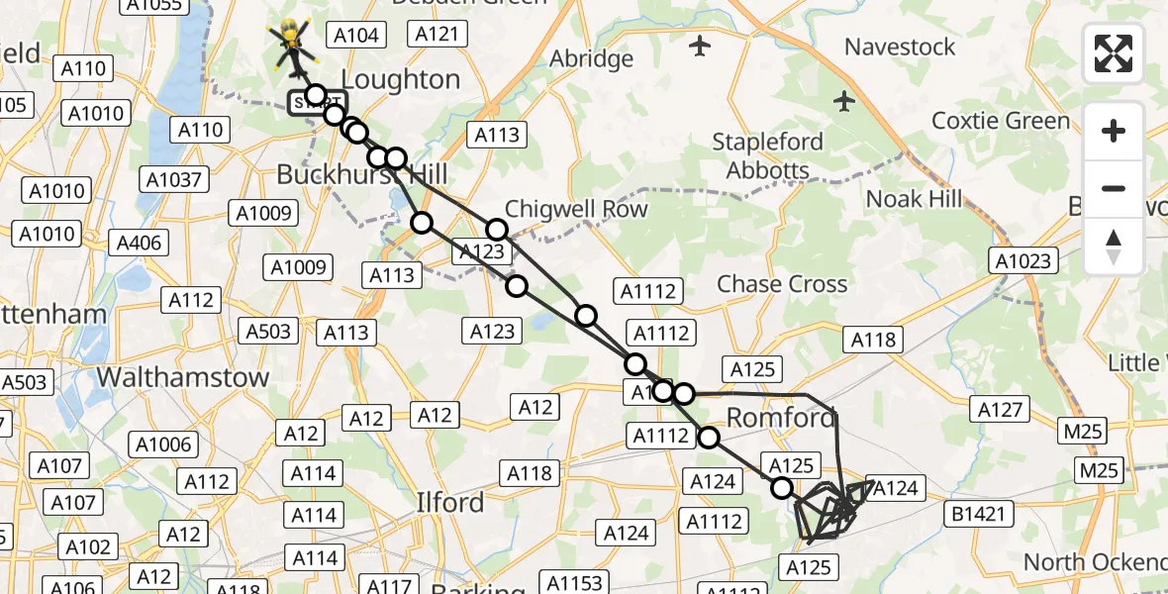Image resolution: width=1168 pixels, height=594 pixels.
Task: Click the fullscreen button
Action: pyautogui.click(x=1114, y=53)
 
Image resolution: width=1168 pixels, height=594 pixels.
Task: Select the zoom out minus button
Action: pyautogui.click(x=1114, y=188)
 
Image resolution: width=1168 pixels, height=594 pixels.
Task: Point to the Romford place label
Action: pyautogui.click(x=781, y=417)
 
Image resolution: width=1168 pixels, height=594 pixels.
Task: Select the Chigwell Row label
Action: pyautogui.click(x=576, y=209)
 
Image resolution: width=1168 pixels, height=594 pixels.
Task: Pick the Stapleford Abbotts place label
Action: pyautogui.click(x=767, y=155)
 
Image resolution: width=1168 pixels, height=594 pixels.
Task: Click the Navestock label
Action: pyautogui.click(x=900, y=47)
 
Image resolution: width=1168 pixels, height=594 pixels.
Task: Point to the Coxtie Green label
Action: pyautogui.click(x=1001, y=121)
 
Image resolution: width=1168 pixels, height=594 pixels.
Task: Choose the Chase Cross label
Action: pyautogui.click(x=782, y=284)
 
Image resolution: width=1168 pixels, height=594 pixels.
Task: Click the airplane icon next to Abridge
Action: pyautogui.click(x=700, y=45)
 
